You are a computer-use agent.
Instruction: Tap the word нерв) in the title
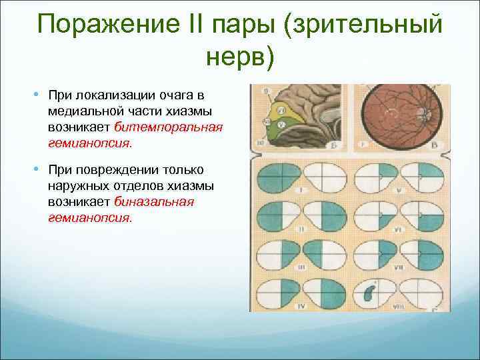pos(239,59)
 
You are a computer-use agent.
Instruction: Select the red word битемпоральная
pos(168,125)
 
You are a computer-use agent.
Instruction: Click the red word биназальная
pos(154,201)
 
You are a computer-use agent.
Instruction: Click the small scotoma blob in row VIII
pos(370,291)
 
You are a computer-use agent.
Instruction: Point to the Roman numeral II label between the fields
pos(303,228)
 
